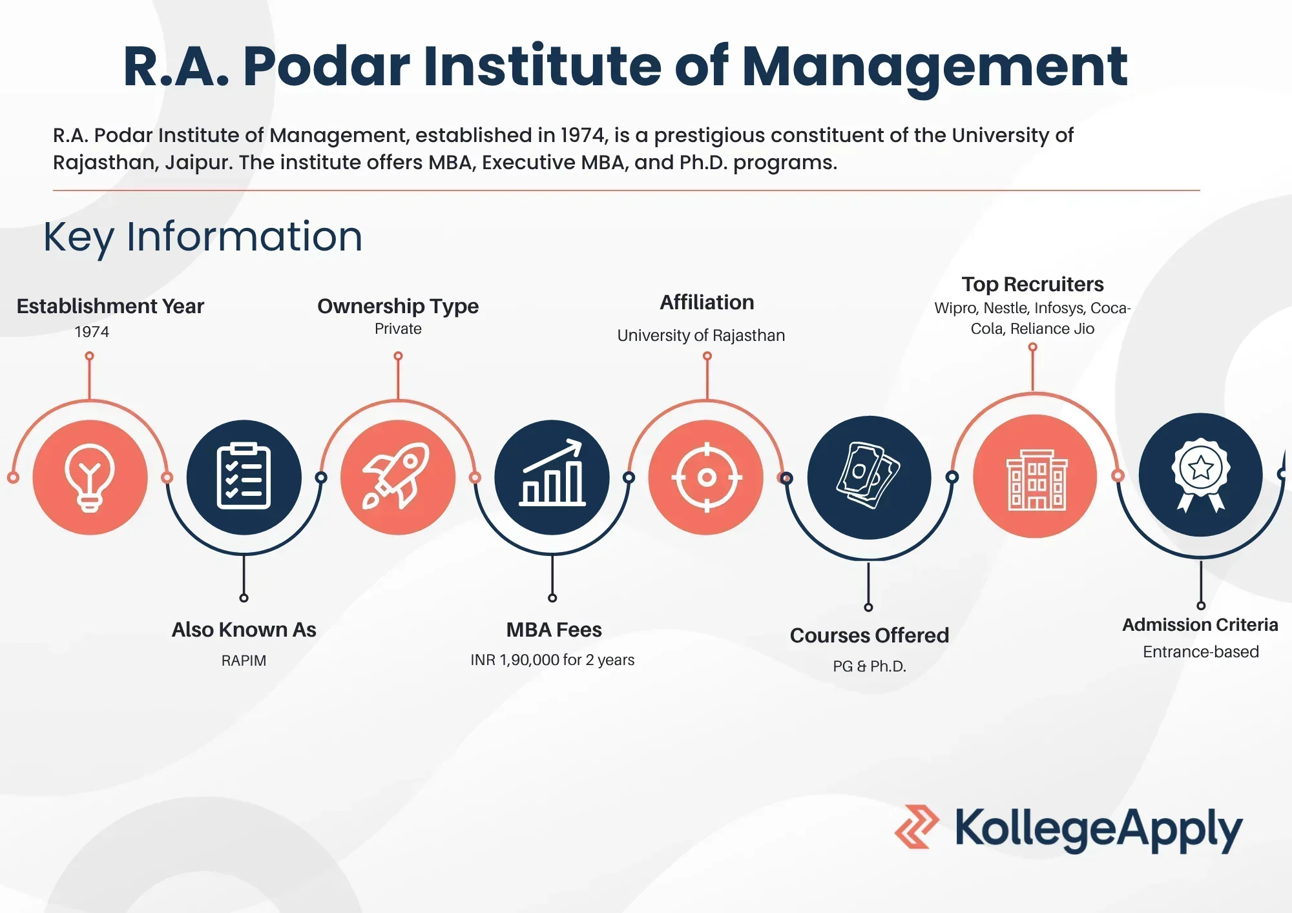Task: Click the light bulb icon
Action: click(90, 478)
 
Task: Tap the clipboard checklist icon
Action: click(244, 477)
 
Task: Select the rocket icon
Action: click(396, 476)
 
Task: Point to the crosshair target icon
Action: click(707, 478)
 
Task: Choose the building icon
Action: click(1036, 479)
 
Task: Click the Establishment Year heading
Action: click(110, 306)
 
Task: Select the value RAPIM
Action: click(244, 661)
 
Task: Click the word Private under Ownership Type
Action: click(398, 329)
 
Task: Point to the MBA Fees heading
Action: click(554, 630)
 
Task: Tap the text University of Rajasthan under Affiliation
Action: click(701, 335)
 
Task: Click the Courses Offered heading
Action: click(870, 635)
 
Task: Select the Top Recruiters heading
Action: click(1032, 284)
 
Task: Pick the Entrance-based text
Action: click(1201, 651)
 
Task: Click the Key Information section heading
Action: click(203, 237)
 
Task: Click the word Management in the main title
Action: click(935, 67)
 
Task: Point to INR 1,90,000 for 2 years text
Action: click(552, 660)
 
